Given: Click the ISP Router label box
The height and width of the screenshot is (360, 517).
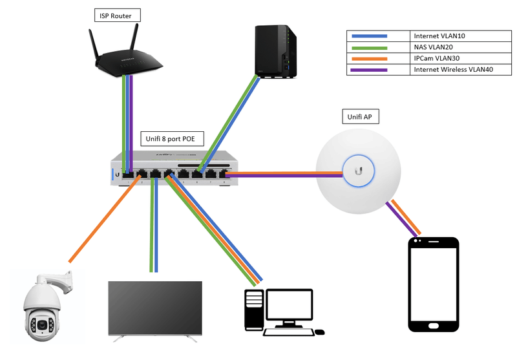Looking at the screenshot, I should click(x=117, y=14).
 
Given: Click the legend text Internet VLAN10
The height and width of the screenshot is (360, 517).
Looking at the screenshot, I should click(x=439, y=36).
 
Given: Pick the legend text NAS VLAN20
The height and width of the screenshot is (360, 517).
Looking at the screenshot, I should click(x=432, y=47).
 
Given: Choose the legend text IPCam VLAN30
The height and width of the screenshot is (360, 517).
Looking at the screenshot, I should click(x=435, y=58).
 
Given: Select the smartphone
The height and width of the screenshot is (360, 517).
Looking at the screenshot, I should click(x=433, y=284).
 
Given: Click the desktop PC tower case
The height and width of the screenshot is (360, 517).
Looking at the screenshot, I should click(x=254, y=311).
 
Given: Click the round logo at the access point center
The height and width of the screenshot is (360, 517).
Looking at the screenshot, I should click(x=357, y=171).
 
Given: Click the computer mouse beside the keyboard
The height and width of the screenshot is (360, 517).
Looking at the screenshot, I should click(x=319, y=332).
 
